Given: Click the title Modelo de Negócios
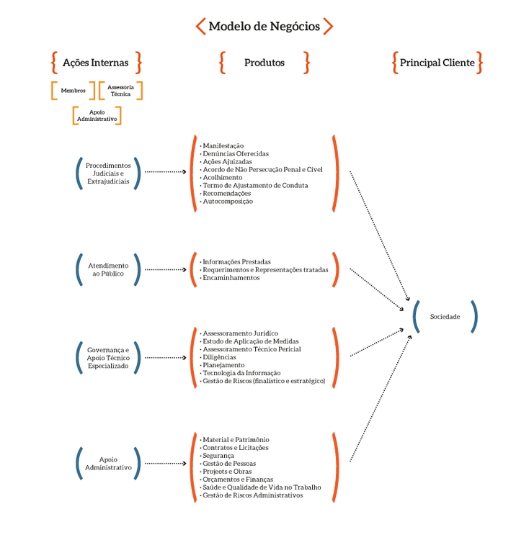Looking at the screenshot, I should click(x=264, y=27).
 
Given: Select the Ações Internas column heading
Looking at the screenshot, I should click(x=96, y=63).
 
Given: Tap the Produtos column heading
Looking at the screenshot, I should click(x=264, y=63).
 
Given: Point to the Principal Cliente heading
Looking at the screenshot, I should click(x=437, y=63).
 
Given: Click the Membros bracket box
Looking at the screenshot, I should click(x=73, y=91).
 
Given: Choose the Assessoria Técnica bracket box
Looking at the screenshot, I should click(x=120, y=91).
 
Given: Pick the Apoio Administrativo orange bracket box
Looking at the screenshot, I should click(x=97, y=115).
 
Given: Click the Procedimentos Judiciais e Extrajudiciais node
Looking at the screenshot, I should click(x=108, y=173).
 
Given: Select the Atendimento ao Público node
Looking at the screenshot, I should click(x=108, y=269).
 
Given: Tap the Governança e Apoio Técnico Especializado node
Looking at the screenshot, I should click(x=108, y=357).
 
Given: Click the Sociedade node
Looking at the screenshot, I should click(x=445, y=316).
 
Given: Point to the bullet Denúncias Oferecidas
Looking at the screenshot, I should click(x=235, y=153).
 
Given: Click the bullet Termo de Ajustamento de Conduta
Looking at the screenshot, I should click(x=254, y=185).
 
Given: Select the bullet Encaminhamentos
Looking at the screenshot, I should click(x=231, y=277).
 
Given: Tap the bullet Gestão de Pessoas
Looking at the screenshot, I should click(x=229, y=464).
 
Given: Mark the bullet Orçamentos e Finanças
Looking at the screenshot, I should click(x=237, y=480).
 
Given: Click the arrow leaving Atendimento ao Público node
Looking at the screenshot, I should click(x=166, y=269).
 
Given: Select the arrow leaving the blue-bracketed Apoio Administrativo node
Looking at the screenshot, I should click(x=166, y=464).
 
